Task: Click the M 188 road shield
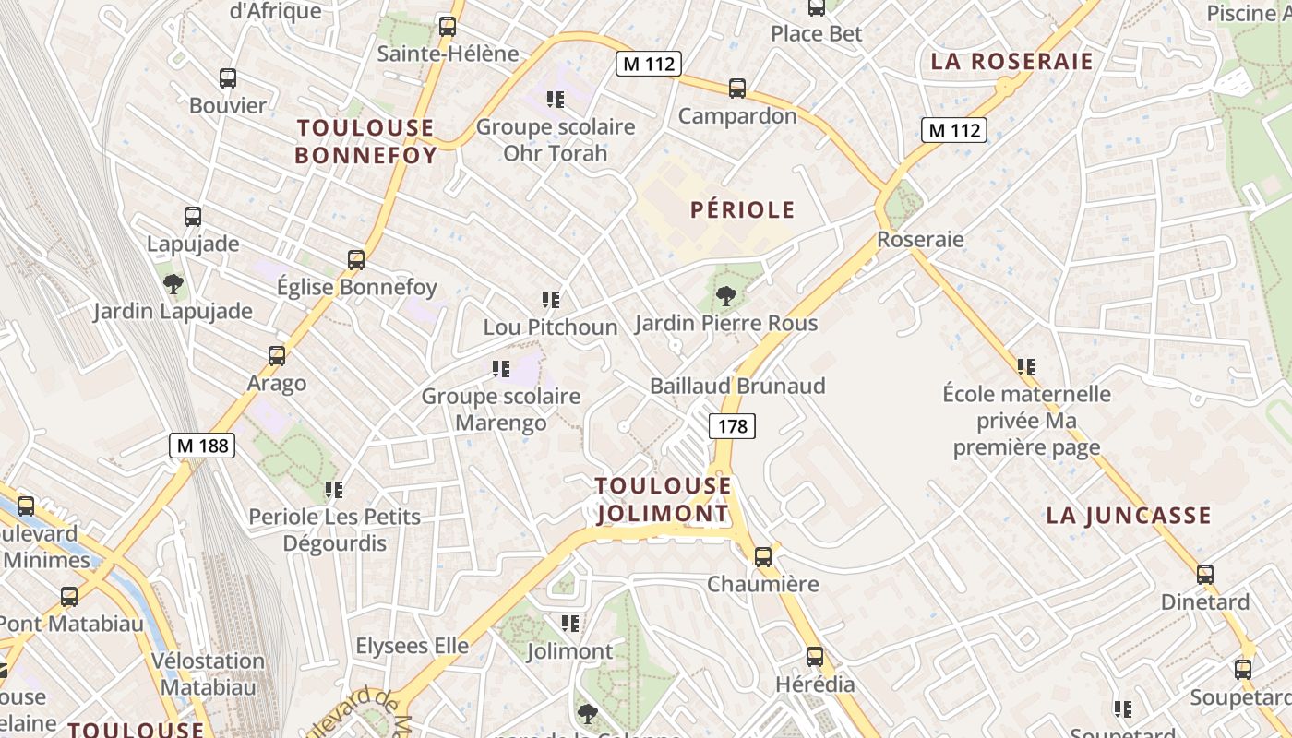coord(203,446)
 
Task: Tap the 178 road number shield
coord(732,425)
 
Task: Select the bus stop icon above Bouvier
coord(228,78)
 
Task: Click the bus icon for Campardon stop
coord(737,89)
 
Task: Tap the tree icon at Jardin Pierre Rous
coord(726,296)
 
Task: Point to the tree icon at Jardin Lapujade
coord(173,283)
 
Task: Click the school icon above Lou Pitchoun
coord(551,299)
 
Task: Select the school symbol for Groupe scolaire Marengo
coord(501,369)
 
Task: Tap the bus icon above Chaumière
coord(763,556)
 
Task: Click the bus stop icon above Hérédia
coord(815,657)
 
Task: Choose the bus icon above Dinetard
coord(1205,575)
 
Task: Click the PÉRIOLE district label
coord(742,210)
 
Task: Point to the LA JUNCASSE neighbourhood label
coord(1128,516)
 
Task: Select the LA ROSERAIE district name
coord(1011,62)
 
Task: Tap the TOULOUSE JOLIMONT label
coord(663,499)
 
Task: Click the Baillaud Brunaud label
coord(737,386)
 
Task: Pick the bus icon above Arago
coord(276,355)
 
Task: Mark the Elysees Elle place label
coord(412,646)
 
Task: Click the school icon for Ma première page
coord(1026,367)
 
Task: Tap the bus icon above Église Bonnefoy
coord(356,259)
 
